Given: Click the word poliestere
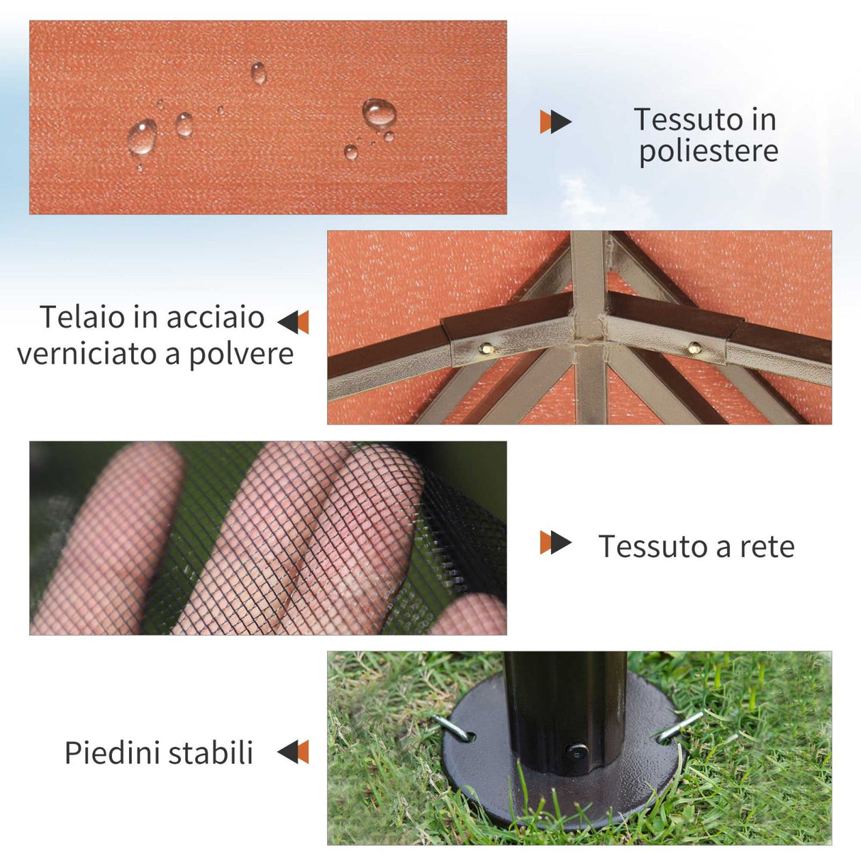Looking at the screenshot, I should (x=708, y=152).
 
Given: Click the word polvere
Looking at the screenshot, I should (x=241, y=353).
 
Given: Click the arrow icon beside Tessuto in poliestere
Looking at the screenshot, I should (x=555, y=121).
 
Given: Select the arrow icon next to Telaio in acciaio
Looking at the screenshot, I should (x=294, y=322).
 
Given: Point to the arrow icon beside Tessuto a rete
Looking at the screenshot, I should (x=555, y=543).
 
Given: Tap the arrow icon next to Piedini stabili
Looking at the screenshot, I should (x=294, y=752).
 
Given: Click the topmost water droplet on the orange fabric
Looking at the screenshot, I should (x=259, y=72).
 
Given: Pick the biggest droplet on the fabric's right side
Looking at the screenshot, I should (x=379, y=113).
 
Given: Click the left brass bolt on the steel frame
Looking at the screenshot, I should (x=487, y=348).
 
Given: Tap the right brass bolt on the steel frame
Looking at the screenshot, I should (x=695, y=348).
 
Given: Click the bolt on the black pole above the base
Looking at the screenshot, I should (x=577, y=750).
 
